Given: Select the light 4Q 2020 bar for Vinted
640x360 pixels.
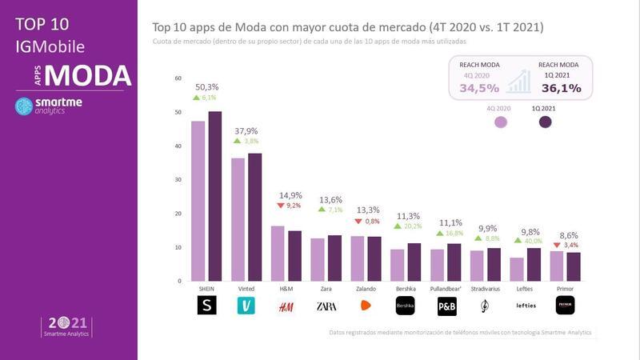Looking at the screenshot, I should click(238, 219).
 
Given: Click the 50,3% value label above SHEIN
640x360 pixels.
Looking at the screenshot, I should click(206, 86).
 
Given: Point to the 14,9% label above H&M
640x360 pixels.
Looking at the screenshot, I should click(290, 194).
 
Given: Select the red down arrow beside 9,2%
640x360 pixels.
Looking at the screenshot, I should click(281, 206).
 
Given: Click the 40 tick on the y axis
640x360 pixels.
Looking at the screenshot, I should click(178, 146).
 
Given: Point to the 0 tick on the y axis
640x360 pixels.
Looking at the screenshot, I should click(179, 282).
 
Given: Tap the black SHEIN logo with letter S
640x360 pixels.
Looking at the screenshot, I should click(206, 306).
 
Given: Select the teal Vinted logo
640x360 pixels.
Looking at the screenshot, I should click(246, 306).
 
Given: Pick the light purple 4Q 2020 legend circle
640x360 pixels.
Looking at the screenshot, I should click(502, 122).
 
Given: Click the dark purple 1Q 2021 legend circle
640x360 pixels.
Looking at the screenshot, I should click(546, 122).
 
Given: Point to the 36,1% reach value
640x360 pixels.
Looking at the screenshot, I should click(558, 87).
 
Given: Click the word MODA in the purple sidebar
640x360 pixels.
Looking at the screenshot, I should click(87, 75).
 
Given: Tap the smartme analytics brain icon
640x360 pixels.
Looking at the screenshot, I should click(24, 106).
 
